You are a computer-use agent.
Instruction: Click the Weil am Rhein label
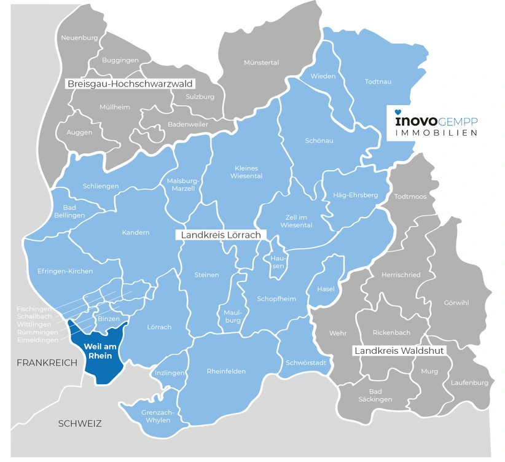[x=99, y=350]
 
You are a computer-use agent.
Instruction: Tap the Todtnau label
[x=378, y=81]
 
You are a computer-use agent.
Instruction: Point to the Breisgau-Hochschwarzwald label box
[x=130, y=84]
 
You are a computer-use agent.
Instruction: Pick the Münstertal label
[x=261, y=63]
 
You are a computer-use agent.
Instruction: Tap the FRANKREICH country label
[x=47, y=362]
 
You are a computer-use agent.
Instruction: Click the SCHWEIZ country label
[x=79, y=423]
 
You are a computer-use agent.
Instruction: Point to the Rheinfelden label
[x=226, y=371]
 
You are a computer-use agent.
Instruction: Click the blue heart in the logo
[x=397, y=112]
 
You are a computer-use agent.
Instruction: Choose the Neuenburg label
[x=79, y=37]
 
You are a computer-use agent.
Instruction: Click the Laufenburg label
[x=469, y=382]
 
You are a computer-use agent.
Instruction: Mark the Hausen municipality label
[x=278, y=262]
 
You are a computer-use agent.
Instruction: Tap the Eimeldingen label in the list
[x=38, y=340]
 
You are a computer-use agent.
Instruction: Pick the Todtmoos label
[x=410, y=196]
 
